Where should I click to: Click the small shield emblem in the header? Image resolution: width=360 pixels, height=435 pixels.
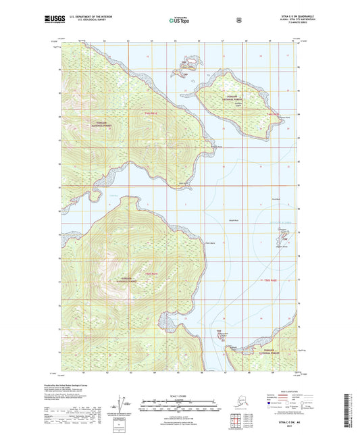click(238, 20)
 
